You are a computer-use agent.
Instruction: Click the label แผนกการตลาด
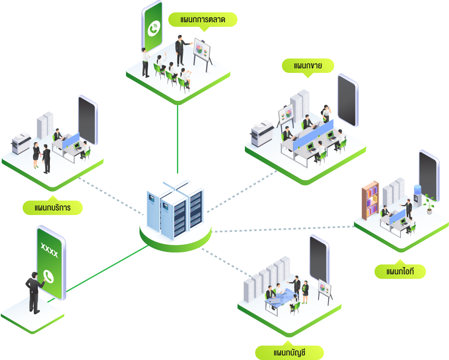[x=203, y=20]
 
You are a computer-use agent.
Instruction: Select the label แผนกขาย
[x=308, y=65]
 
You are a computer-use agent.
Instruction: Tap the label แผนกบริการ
[x=53, y=208]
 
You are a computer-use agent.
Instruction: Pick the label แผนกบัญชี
[x=289, y=353]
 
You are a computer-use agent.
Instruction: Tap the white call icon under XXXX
[x=49, y=276]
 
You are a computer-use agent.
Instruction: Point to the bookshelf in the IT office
[x=370, y=199]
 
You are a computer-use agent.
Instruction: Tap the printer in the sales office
[x=262, y=133]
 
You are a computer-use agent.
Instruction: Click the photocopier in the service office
[x=21, y=143]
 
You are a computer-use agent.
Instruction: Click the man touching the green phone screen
[x=34, y=292]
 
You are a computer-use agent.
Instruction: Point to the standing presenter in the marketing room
[x=179, y=49]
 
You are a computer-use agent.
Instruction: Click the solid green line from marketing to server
[x=177, y=138]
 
